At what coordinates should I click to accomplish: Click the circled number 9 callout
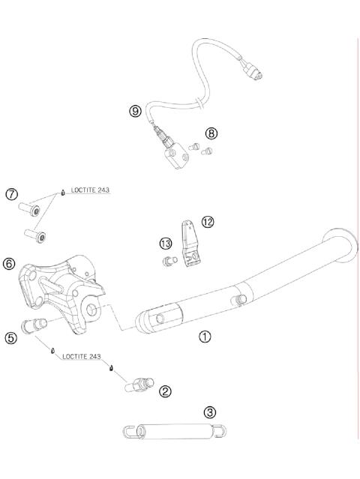pyautogui.click(x=135, y=111)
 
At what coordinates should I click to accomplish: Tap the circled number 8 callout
pyautogui.click(x=211, y=133)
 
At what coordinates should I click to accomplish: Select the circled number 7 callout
pyautogui.click(x=11, y=194)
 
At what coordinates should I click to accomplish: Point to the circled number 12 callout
pyautogui.click(x=208, y=222)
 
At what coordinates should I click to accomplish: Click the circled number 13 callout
pyautogui.click(x=166, y=244)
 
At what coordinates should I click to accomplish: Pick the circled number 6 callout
pyautogui.click(x=9, y=263)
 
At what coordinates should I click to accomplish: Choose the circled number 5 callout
pyautogui.click(x=11, y=338)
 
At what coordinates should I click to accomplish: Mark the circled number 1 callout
pyautogui.click(x=205, y=337)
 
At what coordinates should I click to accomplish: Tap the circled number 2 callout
pyautogui.click(x=165, y=391)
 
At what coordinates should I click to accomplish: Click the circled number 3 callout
pyautogui.click(x=210, y=412)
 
